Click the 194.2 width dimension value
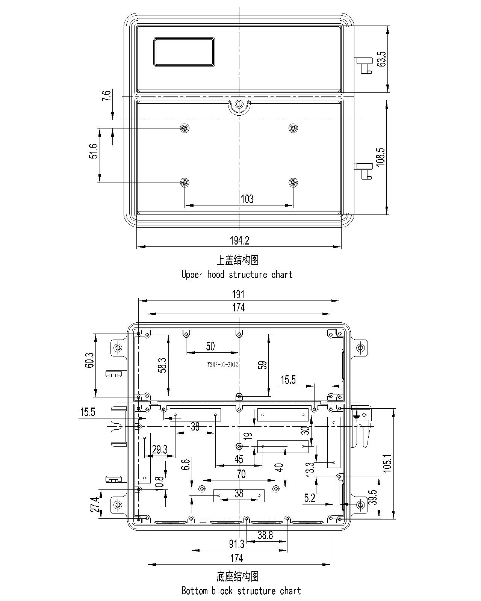click(239, 240)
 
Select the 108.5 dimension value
click(381, 157)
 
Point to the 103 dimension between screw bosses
click(247, 199)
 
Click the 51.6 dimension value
click(94, 151)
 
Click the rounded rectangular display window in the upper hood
click(184, 52)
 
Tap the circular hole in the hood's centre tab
click(239, 104)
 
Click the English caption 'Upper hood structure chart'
click(237, 275)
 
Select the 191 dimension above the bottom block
click(238, 294)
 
